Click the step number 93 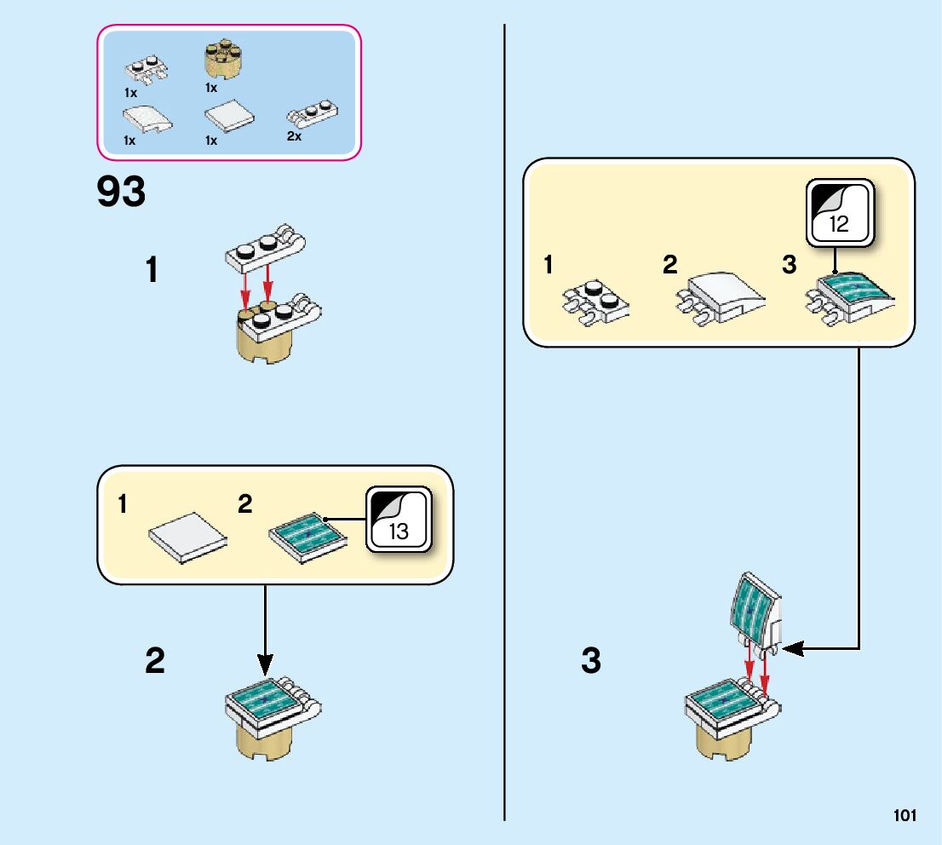tap(121, 193)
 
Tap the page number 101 tap(905, 816)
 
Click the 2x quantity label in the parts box tap(294, 136)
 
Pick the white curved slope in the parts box tap(147, 118)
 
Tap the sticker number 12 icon tap(840, 211)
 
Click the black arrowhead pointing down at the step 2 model tap(265, 662)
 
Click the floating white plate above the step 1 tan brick tap(265, 247)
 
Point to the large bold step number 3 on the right tap(591, 661)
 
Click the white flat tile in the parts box tap(230, 116)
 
